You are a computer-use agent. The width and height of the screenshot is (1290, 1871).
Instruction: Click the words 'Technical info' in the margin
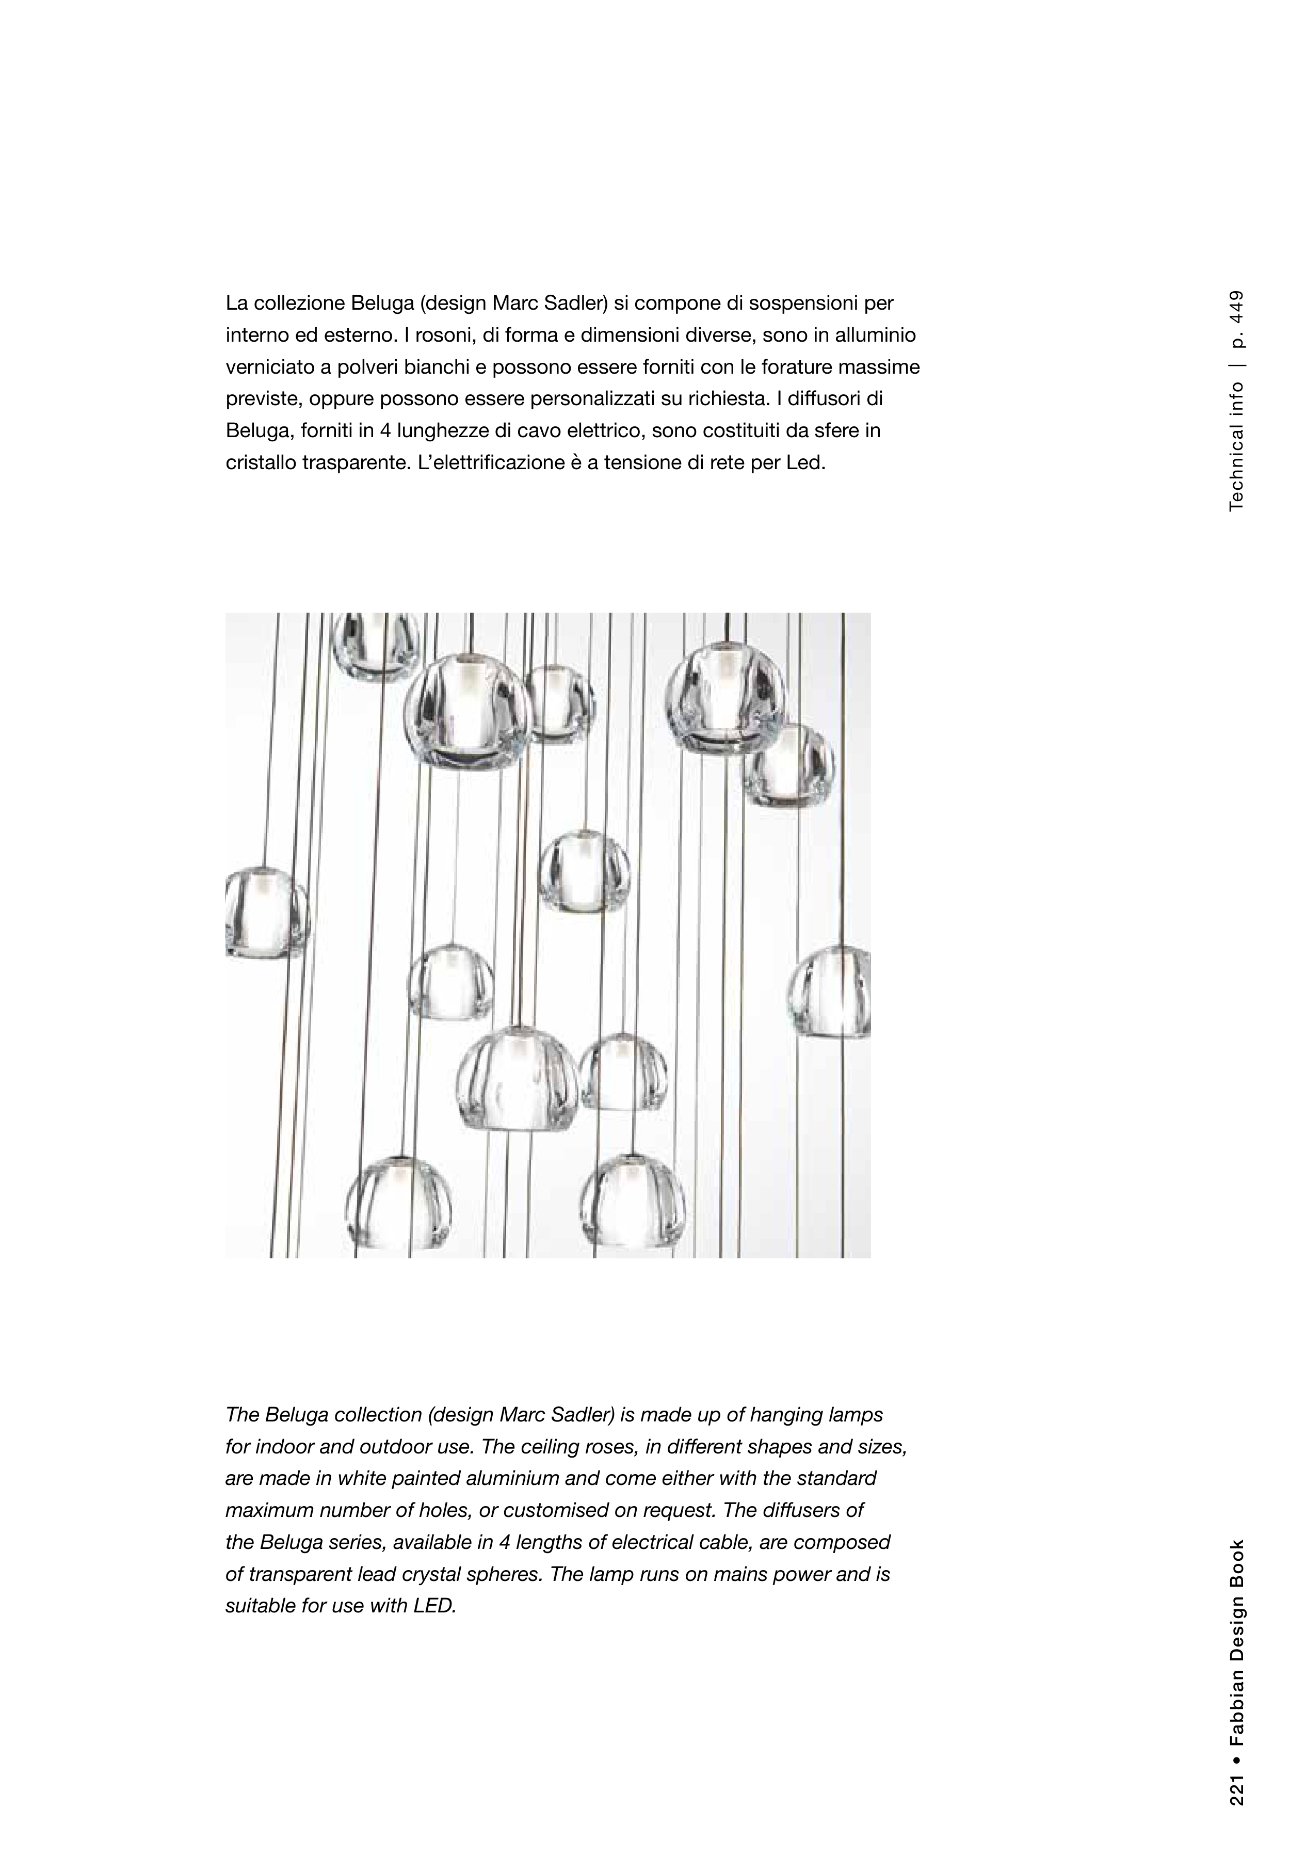coord(1237,447)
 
